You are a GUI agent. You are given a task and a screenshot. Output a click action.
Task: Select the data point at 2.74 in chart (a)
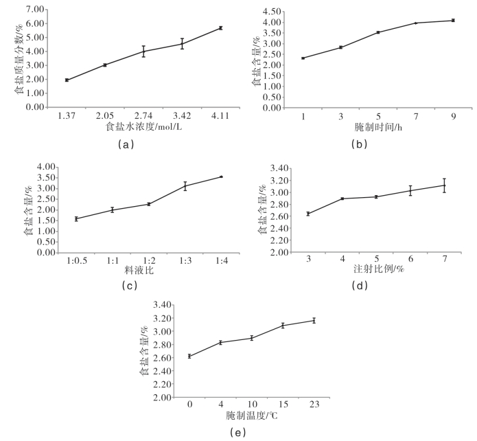point(143,51)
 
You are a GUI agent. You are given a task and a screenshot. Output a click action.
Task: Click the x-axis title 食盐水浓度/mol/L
point(143,128)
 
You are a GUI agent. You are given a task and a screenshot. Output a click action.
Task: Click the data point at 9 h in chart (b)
point(453,21)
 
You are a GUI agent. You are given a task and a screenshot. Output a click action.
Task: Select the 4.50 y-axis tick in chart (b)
point(272,12)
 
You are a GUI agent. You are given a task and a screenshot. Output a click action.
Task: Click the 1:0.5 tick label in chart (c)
point(76,262)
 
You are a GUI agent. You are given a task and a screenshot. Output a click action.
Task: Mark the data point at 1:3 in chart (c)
point(185,185)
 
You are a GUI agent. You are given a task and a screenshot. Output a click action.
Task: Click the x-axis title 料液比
point(130,272)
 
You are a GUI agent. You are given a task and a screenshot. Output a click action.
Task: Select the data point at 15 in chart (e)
point(283,325)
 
